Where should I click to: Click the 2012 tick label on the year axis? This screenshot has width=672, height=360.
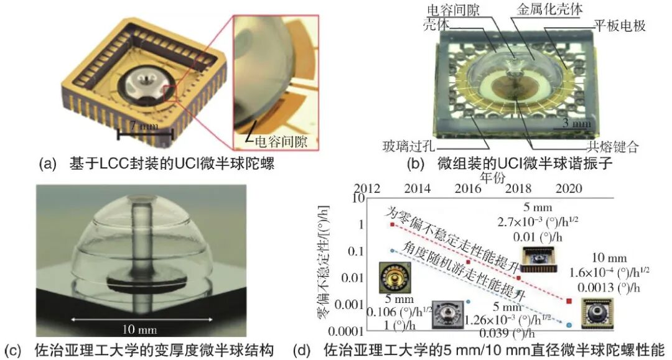click(x=367, y=188)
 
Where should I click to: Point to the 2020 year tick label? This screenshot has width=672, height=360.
click(x=569, y=188)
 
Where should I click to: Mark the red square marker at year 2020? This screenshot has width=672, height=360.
click(x=569, y=301)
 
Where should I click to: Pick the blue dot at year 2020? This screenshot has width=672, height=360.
click(x=569, y=325)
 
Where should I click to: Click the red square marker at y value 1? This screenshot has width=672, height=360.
click(x=392, y=224)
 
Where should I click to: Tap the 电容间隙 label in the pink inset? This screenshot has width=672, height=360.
click(x=281, y=141)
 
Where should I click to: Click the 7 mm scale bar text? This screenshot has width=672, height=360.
click(x=144, y=126)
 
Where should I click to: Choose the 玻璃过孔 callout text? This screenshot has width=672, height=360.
click(x=408, y=146)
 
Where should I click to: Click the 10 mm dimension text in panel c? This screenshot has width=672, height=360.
click(x=140, y=329)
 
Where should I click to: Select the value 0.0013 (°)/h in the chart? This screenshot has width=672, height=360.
click(x=609, y=287)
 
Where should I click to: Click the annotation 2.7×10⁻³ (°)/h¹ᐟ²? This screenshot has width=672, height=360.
click(x=538, y=222)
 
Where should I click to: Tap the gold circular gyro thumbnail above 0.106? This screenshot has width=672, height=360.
click(x=394, y=277)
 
